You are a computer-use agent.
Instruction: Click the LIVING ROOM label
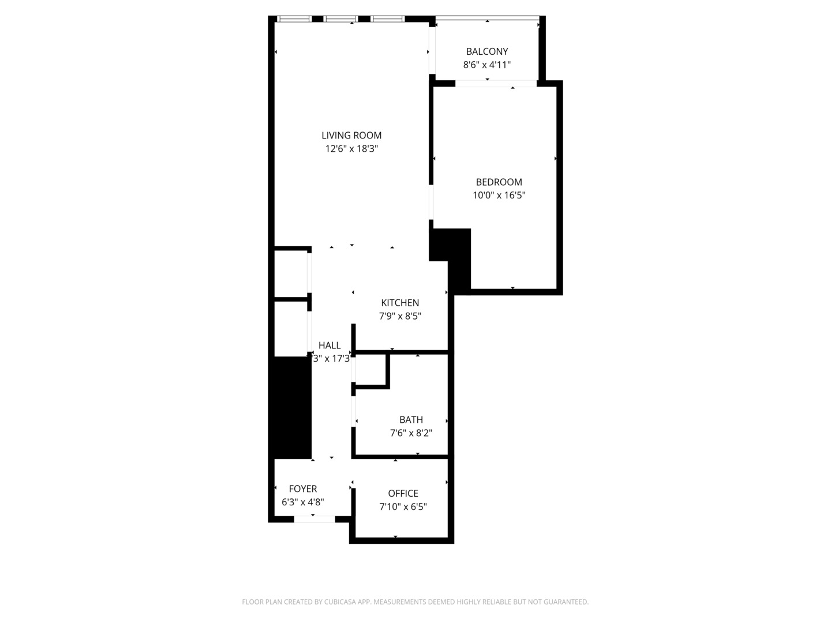(351, 136)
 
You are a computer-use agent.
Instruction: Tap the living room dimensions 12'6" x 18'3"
(351, 149)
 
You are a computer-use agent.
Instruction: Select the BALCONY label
(487, 51)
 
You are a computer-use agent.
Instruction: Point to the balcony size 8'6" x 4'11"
(487, 65)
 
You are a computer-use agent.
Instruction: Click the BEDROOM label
(499, 182)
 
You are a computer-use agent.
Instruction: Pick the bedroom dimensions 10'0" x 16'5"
(499, 195)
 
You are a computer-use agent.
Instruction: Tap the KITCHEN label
(400, 303)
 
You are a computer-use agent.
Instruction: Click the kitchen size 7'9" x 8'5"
(400, 316)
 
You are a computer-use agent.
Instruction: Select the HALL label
(330, 346)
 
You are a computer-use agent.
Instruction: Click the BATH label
(411, 420)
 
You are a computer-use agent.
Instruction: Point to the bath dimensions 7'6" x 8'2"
(411, 433)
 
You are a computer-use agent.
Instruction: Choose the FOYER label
(303, 489)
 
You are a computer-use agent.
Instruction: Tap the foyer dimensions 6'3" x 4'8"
(303, 502)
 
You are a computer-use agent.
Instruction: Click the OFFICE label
(403, 494)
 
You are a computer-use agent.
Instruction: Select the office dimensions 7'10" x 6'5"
(403, 507)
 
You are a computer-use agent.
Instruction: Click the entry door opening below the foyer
(315, 519)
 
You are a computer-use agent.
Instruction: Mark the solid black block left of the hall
(292, 407)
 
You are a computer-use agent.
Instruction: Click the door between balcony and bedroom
(496, 84)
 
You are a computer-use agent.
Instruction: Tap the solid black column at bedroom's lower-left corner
(453, 254)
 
